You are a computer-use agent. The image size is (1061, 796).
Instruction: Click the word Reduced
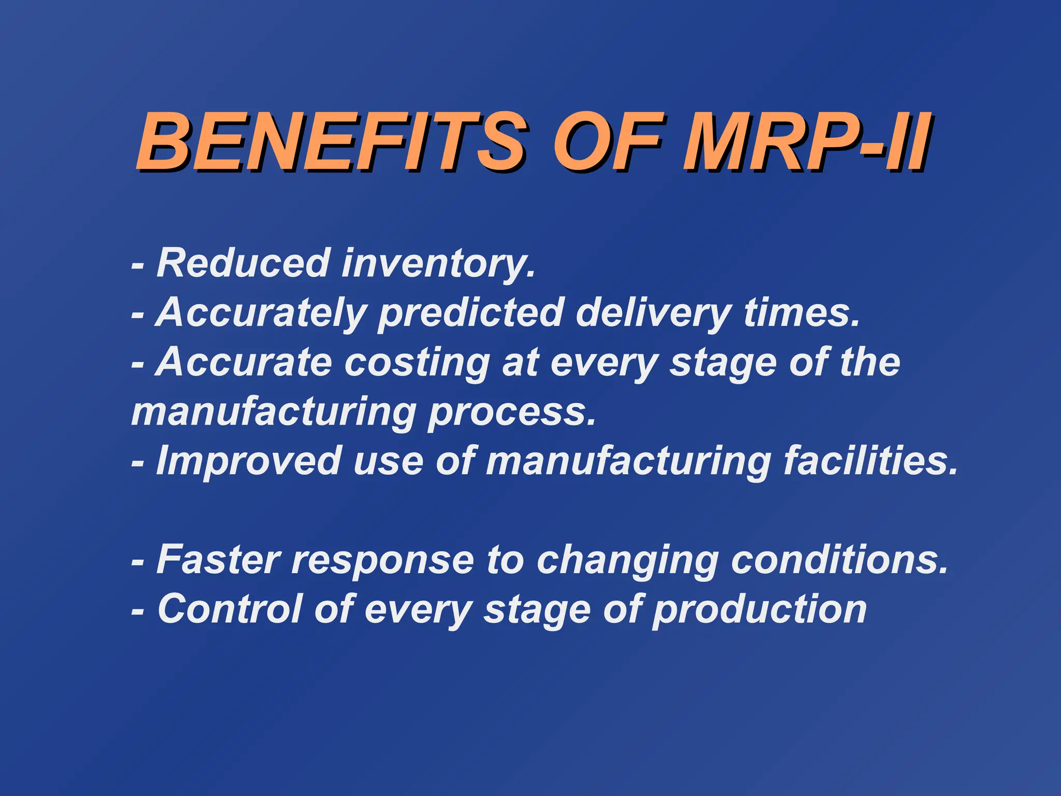click(243, 263)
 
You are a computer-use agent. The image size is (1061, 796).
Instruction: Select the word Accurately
click(261, 314)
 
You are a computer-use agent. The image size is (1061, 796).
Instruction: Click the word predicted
click(470, 314)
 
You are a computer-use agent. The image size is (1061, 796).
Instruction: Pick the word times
click(801, 313)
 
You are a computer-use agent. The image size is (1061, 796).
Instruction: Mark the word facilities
click(870, 461)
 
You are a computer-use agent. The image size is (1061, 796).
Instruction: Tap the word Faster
click(218, 560)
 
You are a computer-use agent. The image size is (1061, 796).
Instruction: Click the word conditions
click(839, 560)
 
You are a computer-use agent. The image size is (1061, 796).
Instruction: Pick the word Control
click(230, 609)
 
